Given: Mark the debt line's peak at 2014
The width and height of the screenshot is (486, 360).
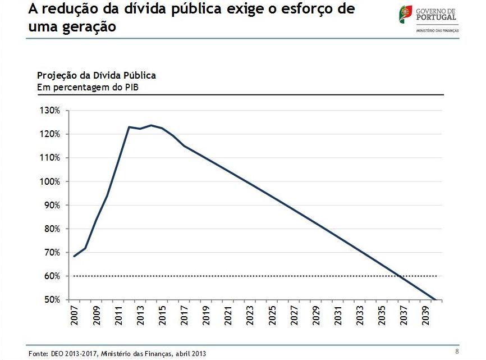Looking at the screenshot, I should point(151,125).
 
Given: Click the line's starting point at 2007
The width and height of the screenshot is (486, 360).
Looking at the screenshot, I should point(74,256).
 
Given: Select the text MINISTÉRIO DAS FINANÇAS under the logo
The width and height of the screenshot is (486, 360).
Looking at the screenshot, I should point(437,30).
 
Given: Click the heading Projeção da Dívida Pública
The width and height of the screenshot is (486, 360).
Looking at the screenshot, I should point(96,75).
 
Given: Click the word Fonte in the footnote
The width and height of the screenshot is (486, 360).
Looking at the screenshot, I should point(37,353).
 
